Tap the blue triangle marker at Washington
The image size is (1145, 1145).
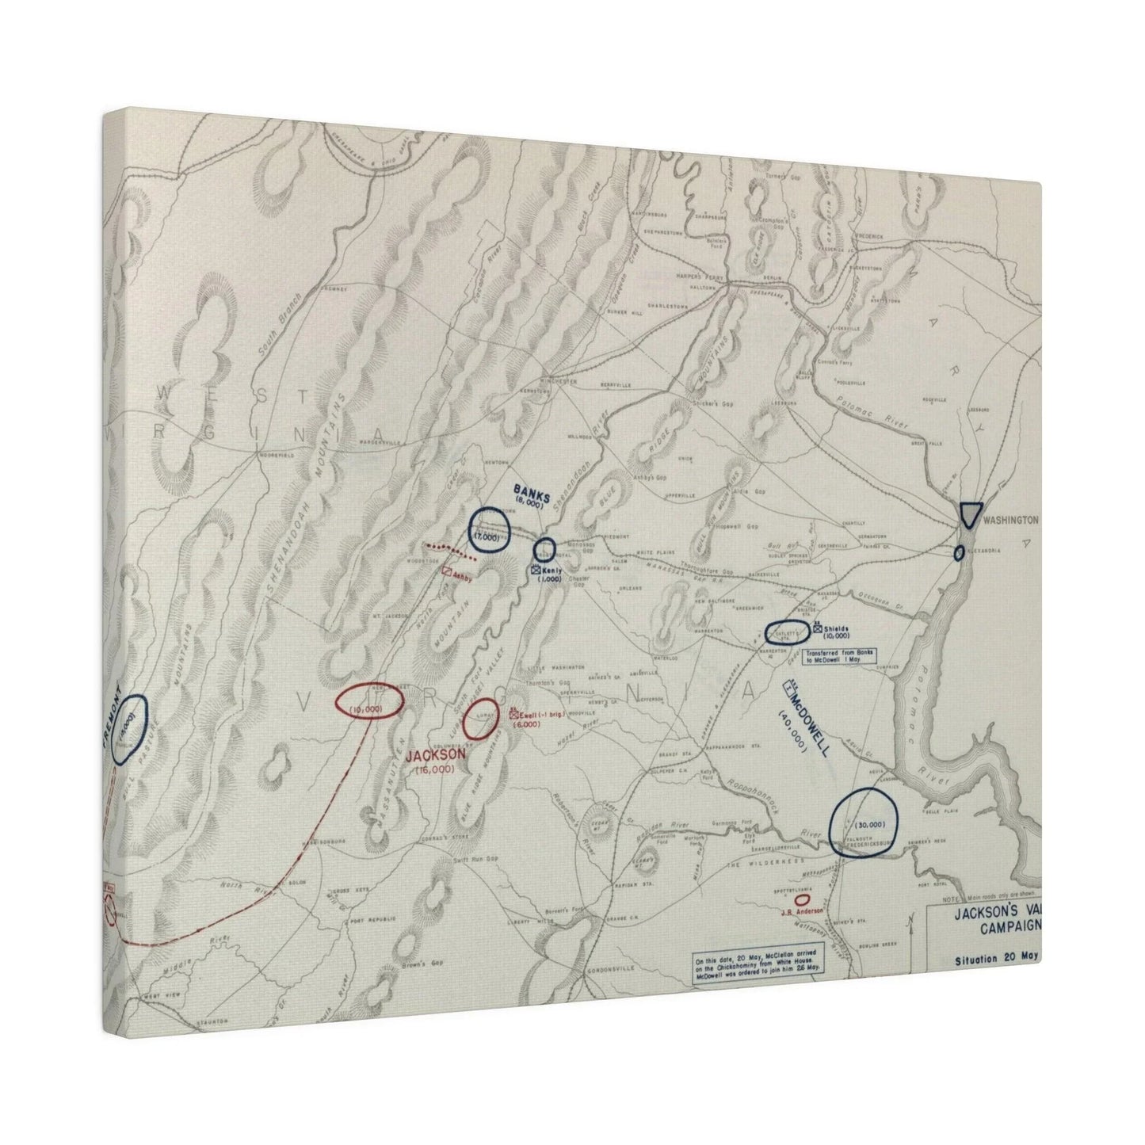coord(969,514)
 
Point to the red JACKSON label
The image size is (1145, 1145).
coord(434,756)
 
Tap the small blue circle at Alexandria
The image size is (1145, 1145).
coord(960,553)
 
